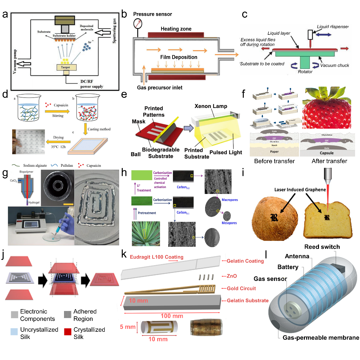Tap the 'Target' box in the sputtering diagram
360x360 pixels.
click(65, 67)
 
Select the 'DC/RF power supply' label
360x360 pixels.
click(92, 84)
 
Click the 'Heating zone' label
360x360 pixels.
click(176, 29)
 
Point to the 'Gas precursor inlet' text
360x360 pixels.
click(160, 88)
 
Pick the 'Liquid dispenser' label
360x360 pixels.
click(332, 27)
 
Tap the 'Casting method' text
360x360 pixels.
click(99, 129)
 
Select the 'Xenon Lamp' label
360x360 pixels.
click(211, 106)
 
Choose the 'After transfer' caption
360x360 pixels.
click(329, 161)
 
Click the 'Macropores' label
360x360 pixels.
click(230, 200)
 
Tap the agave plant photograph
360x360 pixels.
click(146, 234)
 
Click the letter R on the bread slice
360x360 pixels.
click(327, 217)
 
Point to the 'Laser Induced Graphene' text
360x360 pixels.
click(300, 190)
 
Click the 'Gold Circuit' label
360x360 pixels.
click(241, 288)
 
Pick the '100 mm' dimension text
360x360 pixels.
click(172, 316)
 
